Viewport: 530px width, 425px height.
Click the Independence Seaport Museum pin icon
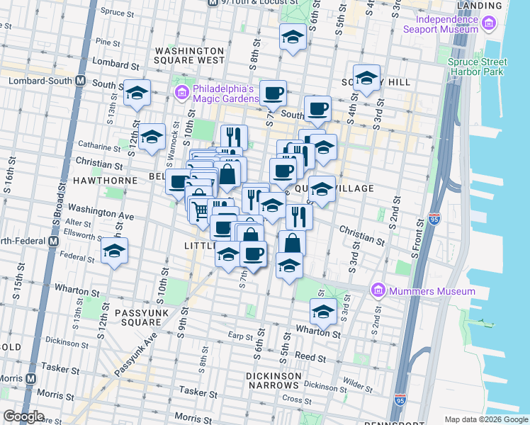click(487, 25)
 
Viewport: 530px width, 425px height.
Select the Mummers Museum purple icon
click(378, 291)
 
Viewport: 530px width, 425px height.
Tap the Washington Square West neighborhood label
click(189, 56)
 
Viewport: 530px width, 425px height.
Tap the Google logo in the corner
click(23, 416)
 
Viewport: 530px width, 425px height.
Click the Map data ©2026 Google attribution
click(485, 419)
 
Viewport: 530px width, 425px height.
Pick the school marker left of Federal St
click(113, 251)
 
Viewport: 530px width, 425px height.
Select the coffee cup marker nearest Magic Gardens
click(273, 92)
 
